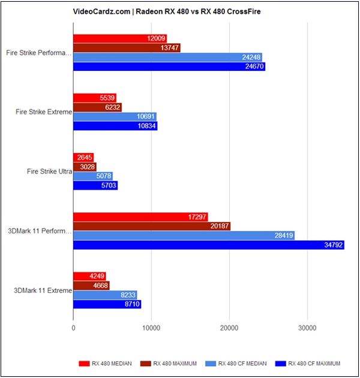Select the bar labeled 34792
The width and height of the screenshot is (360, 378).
208,245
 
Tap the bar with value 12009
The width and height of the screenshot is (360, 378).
120,38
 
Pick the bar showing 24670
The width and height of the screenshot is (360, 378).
169,67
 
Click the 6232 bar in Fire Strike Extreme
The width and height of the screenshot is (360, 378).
97,107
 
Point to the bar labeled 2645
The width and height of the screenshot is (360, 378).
83,157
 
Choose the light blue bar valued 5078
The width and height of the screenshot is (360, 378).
93,176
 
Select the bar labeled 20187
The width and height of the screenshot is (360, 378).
151,226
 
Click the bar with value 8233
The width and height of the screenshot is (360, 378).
105,295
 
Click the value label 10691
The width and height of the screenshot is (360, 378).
145,117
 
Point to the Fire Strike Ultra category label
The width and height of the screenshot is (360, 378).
49,172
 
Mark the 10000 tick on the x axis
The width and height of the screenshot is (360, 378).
151,328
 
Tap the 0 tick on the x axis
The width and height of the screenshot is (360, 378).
73,328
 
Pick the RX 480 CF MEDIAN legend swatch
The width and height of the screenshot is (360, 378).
209,364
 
